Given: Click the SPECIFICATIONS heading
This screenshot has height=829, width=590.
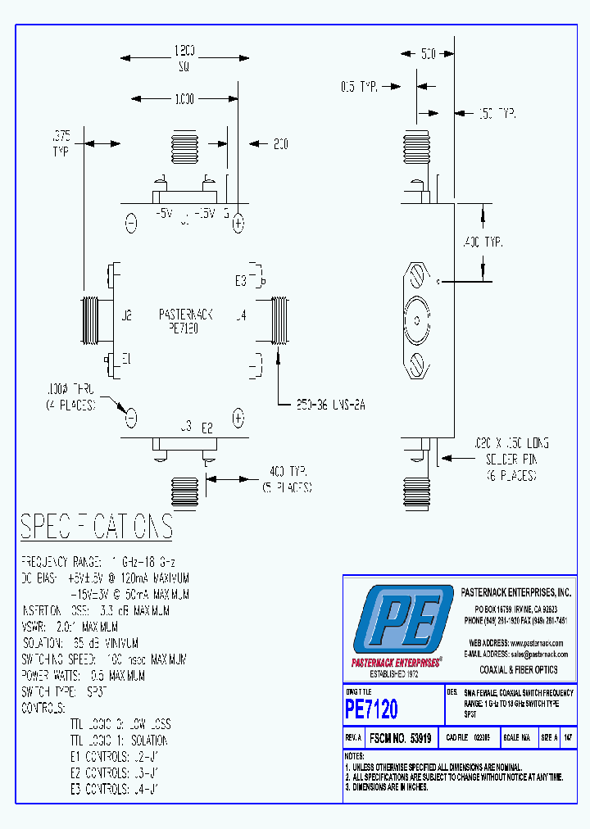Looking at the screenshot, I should coord(96,527).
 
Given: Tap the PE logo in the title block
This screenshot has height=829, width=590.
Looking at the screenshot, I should coord(401,623).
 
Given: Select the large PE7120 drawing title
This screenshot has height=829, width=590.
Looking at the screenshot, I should coord(371,708).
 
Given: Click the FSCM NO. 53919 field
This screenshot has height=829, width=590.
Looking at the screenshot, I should coord(400,737).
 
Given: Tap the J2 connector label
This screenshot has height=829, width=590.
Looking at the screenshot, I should coord(125,314).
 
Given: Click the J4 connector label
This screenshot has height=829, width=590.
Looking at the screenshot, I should coord(240,314).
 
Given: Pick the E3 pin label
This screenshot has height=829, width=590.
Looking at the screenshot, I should coord(241,280).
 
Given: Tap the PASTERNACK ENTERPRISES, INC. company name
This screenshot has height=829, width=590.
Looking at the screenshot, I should coord(515,591).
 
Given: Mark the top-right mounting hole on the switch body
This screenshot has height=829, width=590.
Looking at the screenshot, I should coord(238,223).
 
